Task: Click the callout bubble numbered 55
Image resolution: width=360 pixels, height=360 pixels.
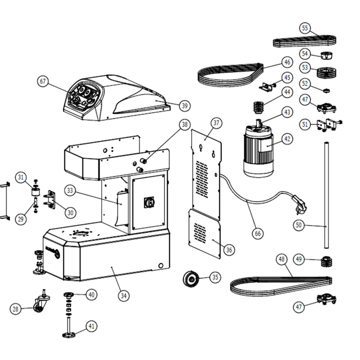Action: click(305, 28)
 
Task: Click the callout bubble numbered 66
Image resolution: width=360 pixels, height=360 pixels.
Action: click(258, 234)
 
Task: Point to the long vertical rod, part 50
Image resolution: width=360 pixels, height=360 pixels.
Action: click(326, 196)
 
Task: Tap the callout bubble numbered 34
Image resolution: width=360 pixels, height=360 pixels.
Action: click(123, 296)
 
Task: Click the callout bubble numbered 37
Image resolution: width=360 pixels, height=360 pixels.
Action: click(216, 123)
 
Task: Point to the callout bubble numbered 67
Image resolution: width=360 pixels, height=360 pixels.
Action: click(43, 81)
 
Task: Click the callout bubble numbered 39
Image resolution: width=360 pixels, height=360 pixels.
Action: click(184, 106)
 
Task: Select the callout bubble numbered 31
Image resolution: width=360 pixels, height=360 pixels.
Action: click(21, 177)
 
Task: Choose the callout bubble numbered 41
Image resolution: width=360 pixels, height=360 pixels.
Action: click(91, 326)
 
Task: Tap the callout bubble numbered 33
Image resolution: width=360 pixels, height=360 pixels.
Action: click(70, 191)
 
